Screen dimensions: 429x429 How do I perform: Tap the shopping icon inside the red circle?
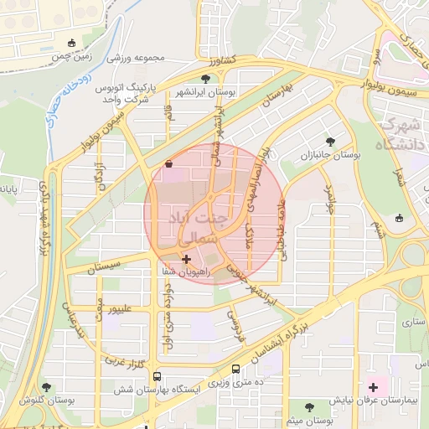(170, 164)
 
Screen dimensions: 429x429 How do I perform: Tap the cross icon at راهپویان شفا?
(186, 261)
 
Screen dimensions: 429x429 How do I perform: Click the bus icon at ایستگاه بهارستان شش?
(157, 375)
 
